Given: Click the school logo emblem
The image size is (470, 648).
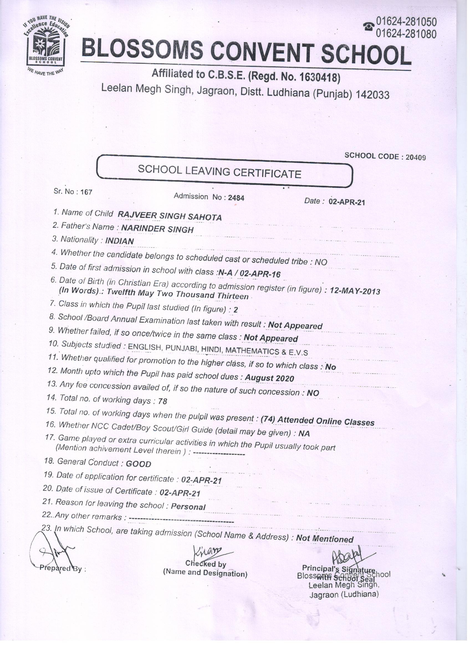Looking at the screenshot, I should click(x=47, y=45).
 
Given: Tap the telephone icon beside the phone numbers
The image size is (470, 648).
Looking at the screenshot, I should click(x=369, y=27).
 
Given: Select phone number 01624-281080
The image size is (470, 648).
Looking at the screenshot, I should click(x=406, y=34).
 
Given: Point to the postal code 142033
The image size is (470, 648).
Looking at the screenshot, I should click(x=371, y=95).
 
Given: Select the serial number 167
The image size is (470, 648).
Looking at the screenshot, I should click(x=86, y=192).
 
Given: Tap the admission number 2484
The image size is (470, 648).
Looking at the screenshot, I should click(x=236, y=198).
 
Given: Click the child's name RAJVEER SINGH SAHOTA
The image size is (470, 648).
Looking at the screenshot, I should click(x=170, y=216).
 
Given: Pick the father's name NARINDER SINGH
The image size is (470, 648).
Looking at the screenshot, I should click(x=157, y=229).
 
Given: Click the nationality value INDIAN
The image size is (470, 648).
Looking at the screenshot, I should click(x=119, y=241).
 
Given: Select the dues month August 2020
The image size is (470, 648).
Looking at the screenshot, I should click(x=269, y=378).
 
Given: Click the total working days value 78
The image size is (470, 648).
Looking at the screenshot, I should click(x=162, y=401).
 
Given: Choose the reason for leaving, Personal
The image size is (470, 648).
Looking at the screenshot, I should click(x=188, y=507).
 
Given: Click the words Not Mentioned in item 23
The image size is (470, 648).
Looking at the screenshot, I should click(x=325, y=539).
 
